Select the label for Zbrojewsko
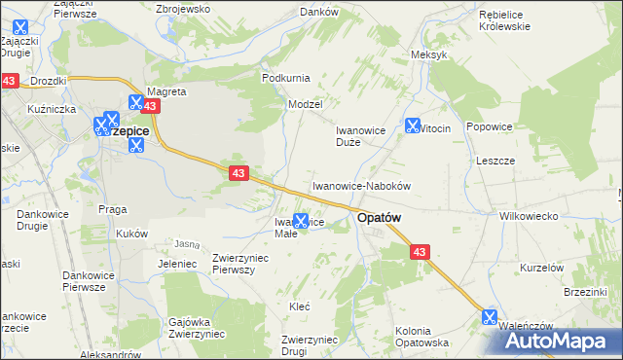(x=183, y=8)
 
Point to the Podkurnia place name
(x=285, y=77)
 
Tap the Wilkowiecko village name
(x=527, y=216)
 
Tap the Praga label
(x=113, y=208)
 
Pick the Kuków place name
(x=131, y=234)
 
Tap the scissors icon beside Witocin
(x=412, y=126)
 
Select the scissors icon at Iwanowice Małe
(x=302, y=222)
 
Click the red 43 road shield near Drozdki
(x=10, y=82)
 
